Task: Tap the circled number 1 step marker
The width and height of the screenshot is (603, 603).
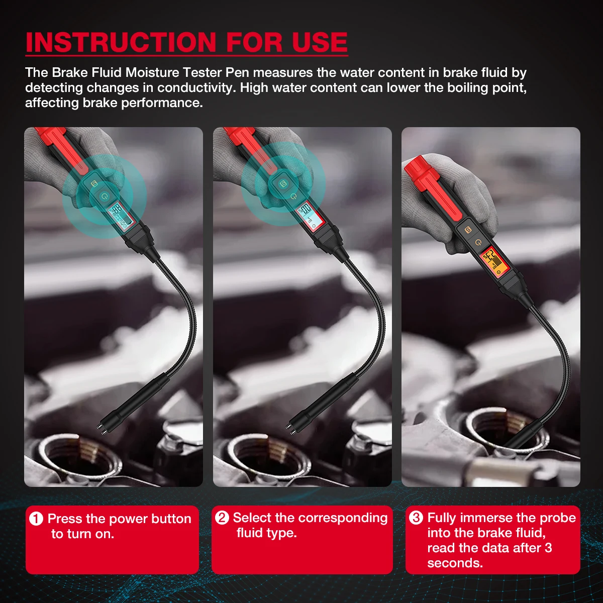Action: (x=36, y=519)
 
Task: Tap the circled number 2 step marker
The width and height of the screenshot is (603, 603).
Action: (x=222, y=518)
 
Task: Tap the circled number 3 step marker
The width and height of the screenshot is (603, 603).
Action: (x=416, y=518)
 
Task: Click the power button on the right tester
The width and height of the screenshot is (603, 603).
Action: (x=478, y=243)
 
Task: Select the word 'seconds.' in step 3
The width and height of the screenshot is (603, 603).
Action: (x=455, y=563)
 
